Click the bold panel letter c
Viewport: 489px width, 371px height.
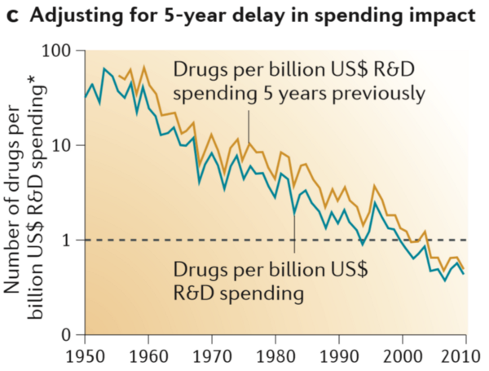click(x=11, y=15)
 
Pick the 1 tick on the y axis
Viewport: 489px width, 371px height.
click(x=69, y=241)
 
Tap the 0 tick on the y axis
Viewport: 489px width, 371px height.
click(x=69, y=335)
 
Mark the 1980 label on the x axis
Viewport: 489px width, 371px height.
click(x=275, y=356)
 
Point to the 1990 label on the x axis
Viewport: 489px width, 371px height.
click(x=338, y=356)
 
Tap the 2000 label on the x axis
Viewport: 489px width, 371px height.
click(x=402, y=356)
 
